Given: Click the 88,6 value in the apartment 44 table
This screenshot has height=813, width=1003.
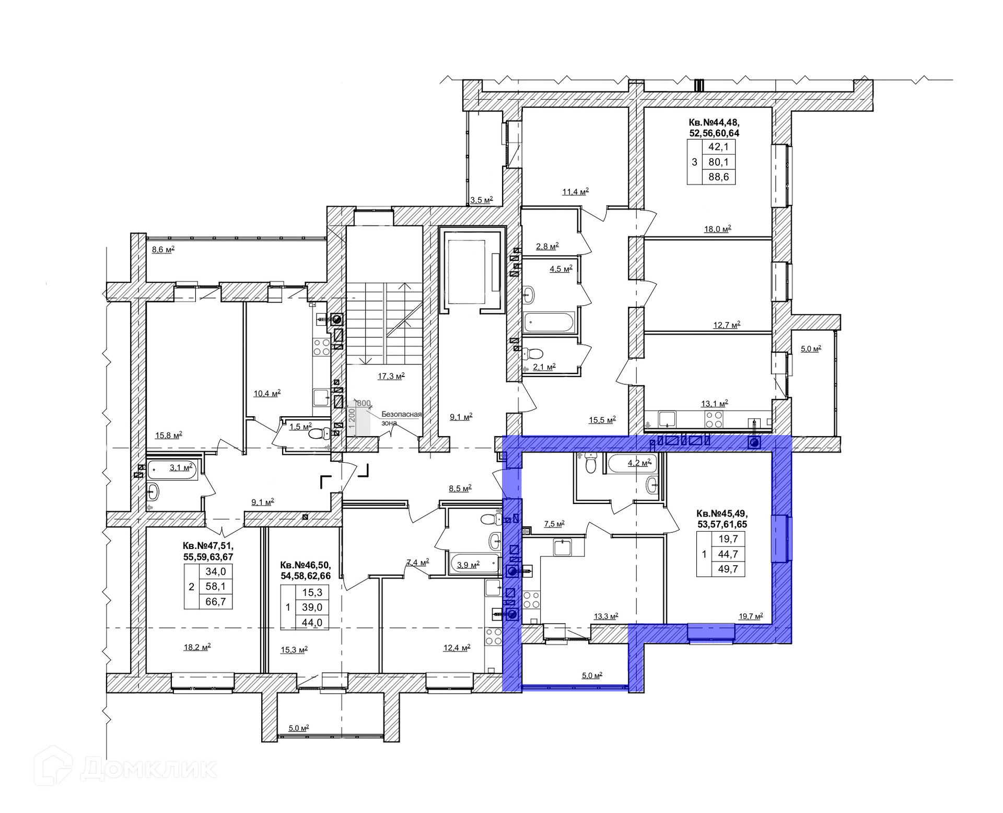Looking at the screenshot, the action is [719, 177].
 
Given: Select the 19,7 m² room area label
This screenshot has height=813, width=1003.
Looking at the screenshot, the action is [751, 616].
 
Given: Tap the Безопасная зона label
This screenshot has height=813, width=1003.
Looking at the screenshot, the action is [401, 418].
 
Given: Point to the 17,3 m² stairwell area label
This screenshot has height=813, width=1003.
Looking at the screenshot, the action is [391, 375].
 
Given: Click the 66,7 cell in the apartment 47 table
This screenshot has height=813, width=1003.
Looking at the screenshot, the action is [216, 602].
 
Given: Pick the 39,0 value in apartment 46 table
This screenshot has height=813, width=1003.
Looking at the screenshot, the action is [312, 607].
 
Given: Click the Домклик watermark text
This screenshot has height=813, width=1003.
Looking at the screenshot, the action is [149, 769].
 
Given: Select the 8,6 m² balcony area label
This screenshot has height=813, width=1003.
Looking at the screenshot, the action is [163, 249].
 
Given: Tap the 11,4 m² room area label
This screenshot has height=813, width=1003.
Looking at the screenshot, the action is [575, 191].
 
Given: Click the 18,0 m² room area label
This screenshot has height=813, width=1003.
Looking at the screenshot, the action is [718, 228].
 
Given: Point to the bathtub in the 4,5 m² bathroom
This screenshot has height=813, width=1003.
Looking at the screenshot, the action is [549, 323].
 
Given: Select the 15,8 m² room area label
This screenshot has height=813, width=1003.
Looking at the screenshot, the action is [168, 434].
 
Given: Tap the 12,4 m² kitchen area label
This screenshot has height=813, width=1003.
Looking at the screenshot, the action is [457, 647].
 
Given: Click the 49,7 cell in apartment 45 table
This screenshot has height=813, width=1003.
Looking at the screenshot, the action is [728, 569].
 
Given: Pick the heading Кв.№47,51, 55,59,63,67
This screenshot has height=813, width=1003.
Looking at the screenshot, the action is [208, 552].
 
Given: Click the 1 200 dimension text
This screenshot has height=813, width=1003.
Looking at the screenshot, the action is [352, 418].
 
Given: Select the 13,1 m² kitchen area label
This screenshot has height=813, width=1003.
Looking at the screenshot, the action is [714, 403].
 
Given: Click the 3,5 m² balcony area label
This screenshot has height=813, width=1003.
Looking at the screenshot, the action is [482, 200].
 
